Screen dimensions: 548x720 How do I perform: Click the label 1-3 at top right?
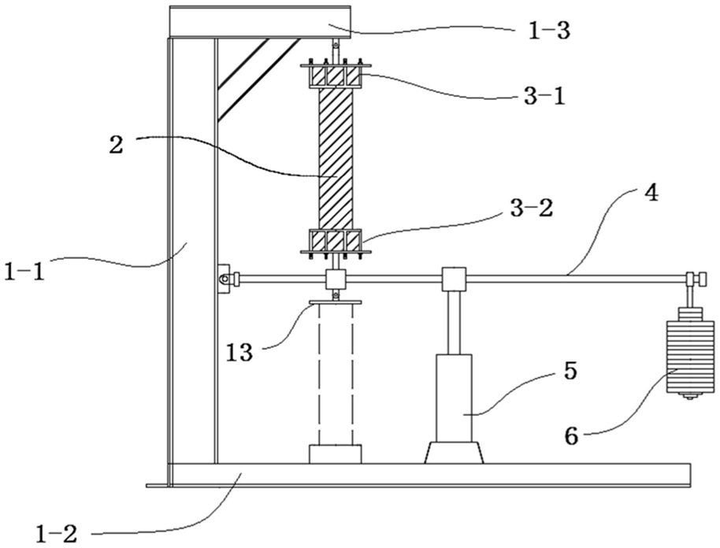(x=546, y=32)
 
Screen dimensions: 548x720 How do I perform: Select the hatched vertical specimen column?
(x=336, y=157)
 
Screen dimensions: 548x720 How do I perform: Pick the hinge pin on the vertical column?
(x=225, y=278)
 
